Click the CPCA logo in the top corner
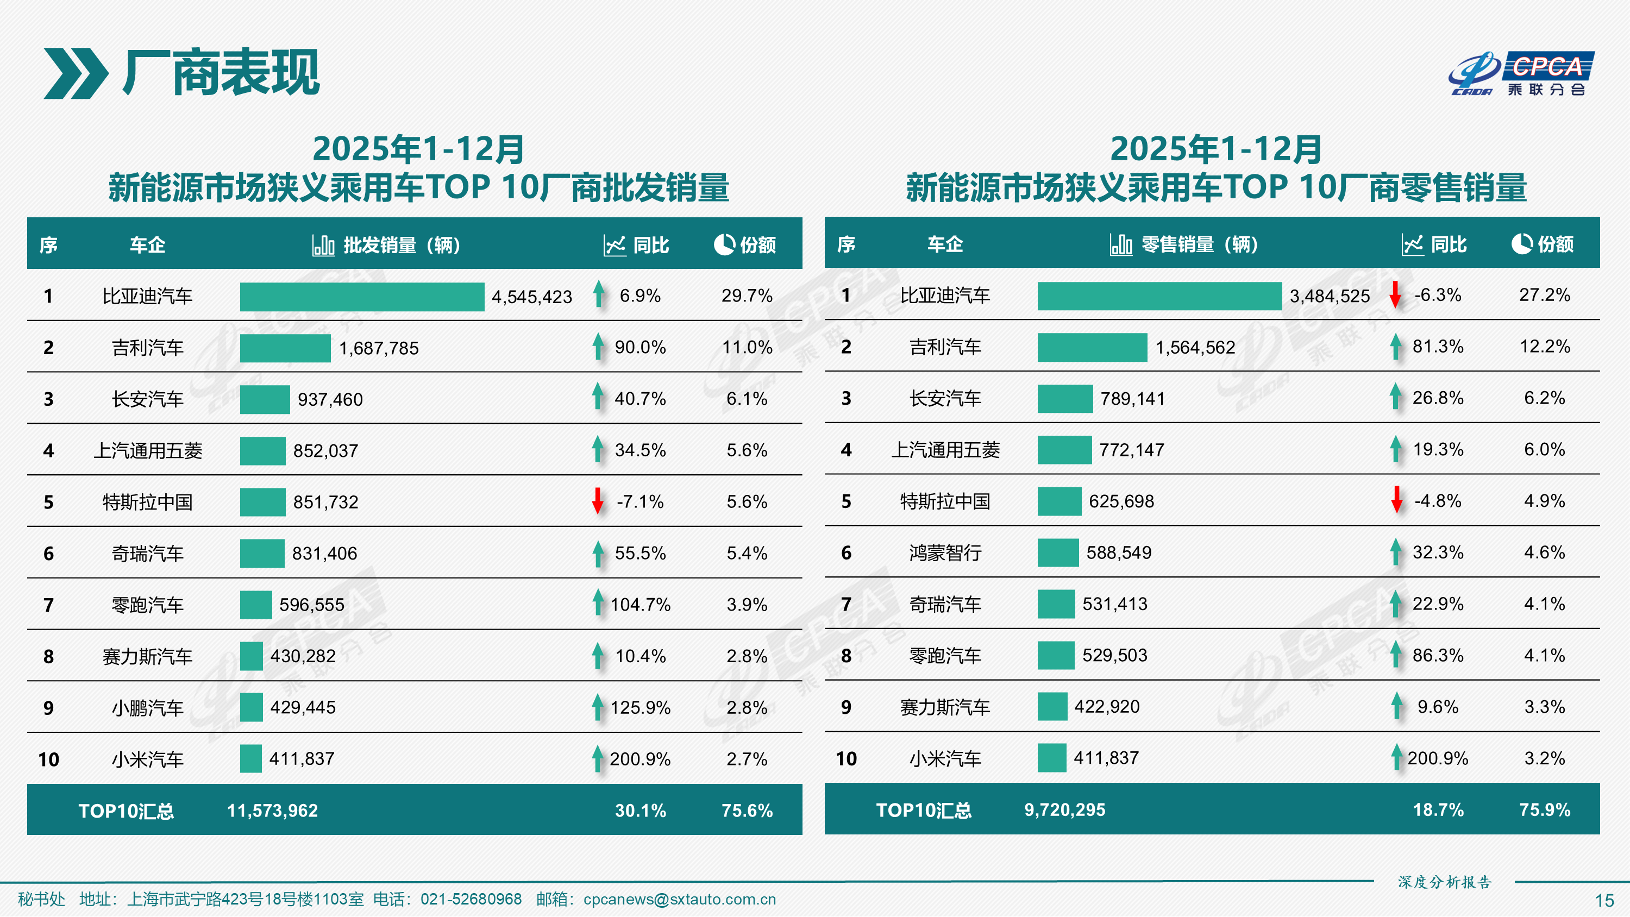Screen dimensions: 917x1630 click(1521, 73)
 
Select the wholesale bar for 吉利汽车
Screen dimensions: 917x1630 click(285, 348)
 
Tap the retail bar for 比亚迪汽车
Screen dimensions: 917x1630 click(1159, 296)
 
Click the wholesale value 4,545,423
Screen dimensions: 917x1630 click(531, 297)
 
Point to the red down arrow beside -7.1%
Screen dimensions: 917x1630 click(597, 501)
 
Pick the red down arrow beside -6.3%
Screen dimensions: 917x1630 click(1395, 295)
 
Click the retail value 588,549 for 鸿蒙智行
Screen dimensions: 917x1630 click(1119, 553)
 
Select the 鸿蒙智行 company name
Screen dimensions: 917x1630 click(945, 553)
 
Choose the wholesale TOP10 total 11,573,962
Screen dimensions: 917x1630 click(272, 811)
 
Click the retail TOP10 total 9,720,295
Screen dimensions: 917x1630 click(1064, 810)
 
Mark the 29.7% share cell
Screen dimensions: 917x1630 click(747, 296)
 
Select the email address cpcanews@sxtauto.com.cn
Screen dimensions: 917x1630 click(679, 899)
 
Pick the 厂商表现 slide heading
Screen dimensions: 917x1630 click(222, 73)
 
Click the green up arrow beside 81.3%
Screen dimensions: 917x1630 click(1396, 347)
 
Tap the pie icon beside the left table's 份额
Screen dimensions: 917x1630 click(724, 244)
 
